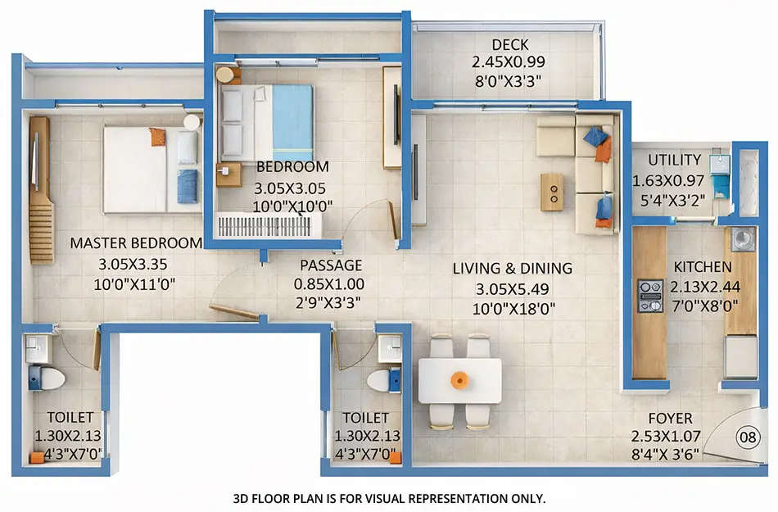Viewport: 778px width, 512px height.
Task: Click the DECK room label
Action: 509,44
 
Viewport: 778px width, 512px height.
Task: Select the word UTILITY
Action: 674,160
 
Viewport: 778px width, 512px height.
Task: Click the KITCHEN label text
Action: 703,267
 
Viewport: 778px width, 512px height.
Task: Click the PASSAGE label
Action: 330,265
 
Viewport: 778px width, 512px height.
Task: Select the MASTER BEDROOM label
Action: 136,242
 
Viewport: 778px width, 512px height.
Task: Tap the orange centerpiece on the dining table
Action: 459,380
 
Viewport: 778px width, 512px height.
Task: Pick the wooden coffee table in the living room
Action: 552,192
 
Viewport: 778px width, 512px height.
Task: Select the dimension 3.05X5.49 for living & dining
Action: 513,288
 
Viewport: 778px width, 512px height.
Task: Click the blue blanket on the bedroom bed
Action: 292,122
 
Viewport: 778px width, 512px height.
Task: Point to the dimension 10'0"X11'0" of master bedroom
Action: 136,284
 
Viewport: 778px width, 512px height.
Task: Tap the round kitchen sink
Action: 744,238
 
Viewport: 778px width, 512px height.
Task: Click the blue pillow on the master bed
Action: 188,185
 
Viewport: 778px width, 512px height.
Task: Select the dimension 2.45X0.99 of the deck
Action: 509,61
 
